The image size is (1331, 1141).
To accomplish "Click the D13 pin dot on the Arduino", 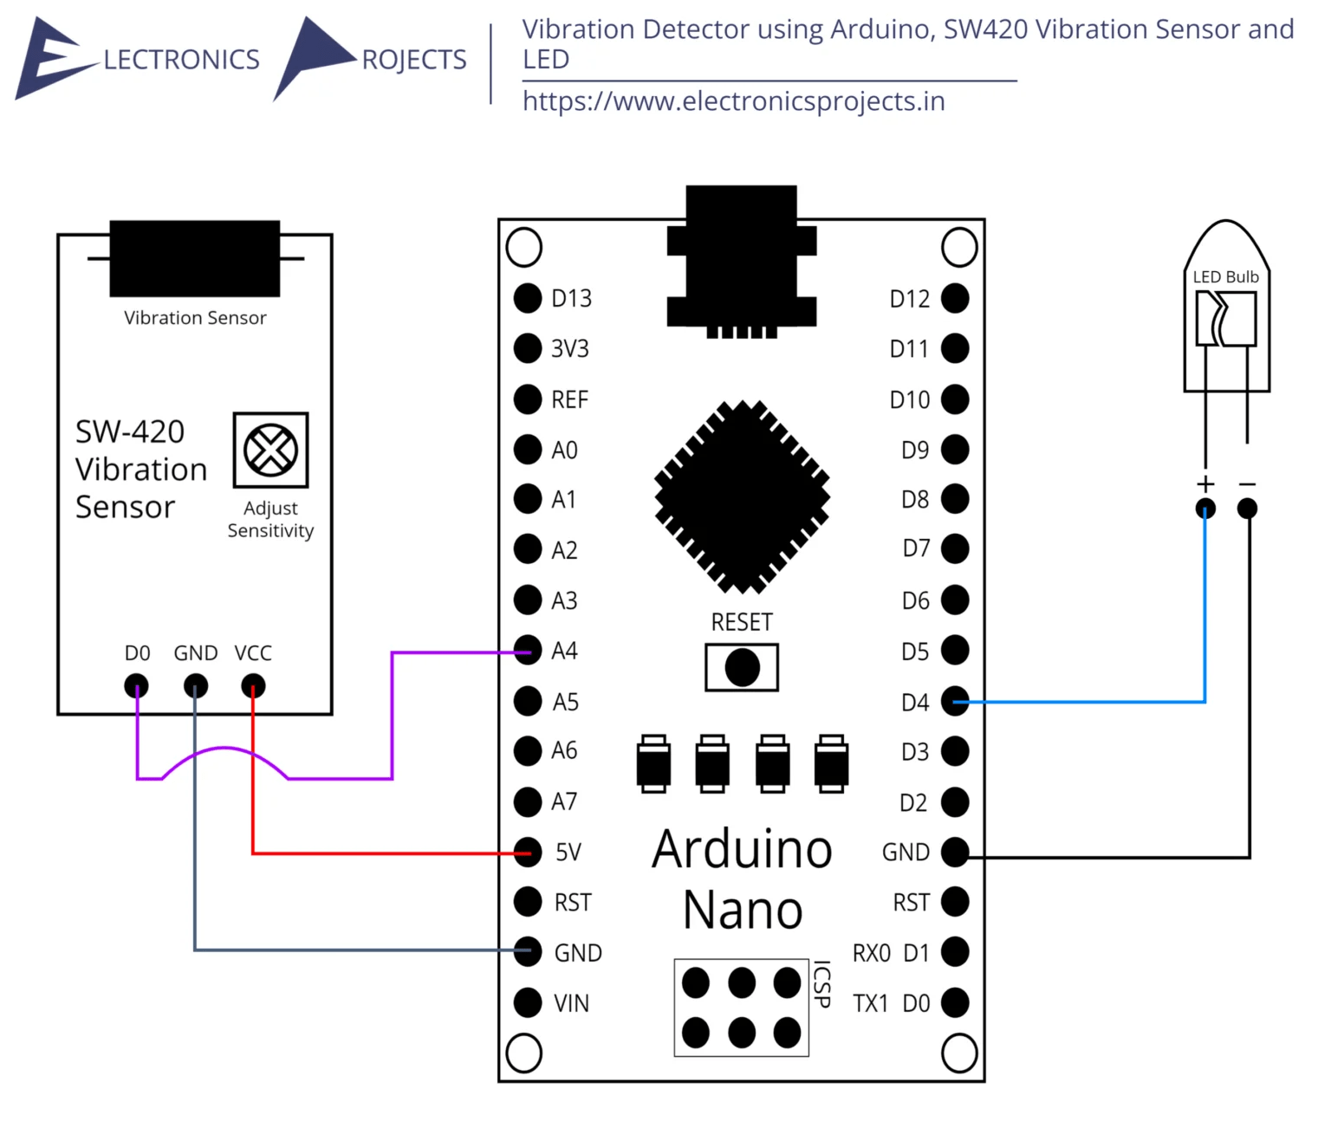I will point(528,298).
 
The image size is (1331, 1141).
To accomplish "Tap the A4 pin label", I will point(564,651).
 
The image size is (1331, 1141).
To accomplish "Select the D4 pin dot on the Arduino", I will point(955,701).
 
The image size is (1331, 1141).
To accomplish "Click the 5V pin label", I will point(568,853).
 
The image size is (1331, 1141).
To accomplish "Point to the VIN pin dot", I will point(528,1002).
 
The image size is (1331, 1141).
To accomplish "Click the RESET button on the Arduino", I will point(742,668).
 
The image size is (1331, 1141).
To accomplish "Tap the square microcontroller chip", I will point(743,497).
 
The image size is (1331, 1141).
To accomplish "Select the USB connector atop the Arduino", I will point(742,260).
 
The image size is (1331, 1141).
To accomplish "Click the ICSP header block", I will point(742,1008).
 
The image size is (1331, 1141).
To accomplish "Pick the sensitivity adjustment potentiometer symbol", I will point(270,451).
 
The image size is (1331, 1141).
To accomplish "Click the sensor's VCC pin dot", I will point(253,686).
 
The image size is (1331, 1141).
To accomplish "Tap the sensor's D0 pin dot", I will point(136,686).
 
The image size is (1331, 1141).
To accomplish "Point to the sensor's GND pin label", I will point(196,653).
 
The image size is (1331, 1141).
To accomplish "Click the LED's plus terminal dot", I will point(1205,509).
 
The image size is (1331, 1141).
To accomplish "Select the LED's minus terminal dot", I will point(1247,509).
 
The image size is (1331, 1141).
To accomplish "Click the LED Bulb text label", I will point(1225,277).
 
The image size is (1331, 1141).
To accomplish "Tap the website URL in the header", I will point(733,101).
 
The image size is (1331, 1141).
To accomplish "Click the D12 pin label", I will point(909,299).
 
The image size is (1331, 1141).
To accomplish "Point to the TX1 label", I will point(870,1003).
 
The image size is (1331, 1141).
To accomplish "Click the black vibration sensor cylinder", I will point(195,259).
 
